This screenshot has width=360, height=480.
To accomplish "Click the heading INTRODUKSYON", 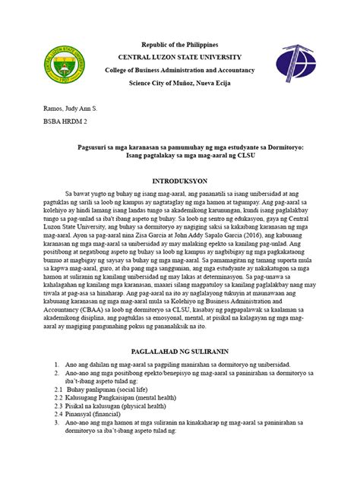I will (180, 181).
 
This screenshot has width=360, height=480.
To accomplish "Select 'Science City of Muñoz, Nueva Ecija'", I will (179, 84).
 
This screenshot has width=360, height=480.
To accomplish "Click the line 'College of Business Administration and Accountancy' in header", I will (179, 71).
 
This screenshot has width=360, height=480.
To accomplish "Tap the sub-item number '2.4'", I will (56, 415).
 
